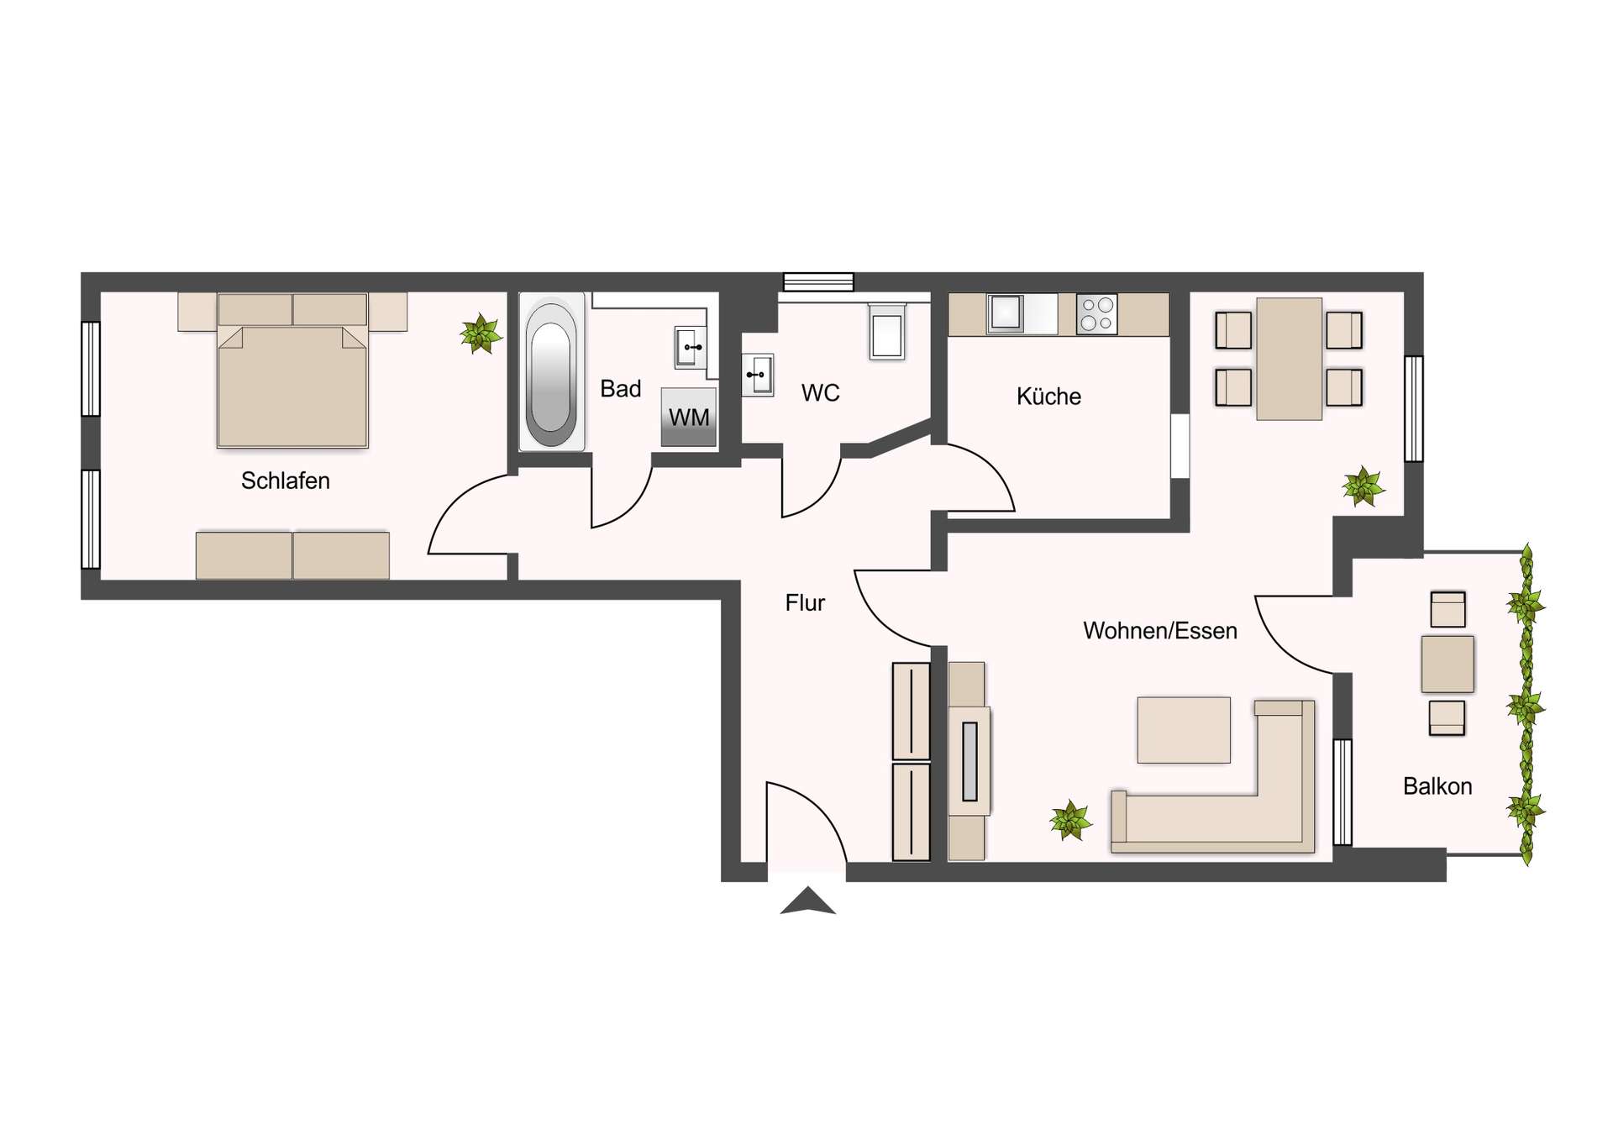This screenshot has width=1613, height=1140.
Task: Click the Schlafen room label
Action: point(285,481)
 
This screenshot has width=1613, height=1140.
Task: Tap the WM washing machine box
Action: point(688,417)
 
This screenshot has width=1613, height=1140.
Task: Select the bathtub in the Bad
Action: point(551,373)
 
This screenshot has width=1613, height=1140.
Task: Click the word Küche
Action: point(1048,397)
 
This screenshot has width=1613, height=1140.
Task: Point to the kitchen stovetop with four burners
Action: point(1096,314)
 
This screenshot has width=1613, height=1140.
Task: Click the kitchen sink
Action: point(1005,313)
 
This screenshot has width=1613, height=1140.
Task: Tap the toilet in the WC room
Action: point(886,333)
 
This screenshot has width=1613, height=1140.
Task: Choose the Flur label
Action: point(805,602)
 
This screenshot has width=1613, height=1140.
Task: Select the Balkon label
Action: point(1437,786)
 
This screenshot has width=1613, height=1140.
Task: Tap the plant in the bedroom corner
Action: point(481,334)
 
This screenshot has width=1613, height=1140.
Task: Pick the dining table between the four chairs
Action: point(1289,359)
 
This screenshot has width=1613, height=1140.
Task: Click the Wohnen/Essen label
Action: point(1159,631)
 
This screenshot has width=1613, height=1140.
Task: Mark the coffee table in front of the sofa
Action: point(1183,729)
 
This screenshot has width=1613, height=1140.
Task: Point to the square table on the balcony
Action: point(1447,664)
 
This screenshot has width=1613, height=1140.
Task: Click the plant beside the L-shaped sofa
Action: point(1070,820)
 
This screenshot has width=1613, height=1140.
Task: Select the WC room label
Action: point(820,393)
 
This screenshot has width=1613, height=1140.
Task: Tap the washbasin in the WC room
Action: point(758,375)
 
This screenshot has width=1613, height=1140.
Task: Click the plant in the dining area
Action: point(1362,487)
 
